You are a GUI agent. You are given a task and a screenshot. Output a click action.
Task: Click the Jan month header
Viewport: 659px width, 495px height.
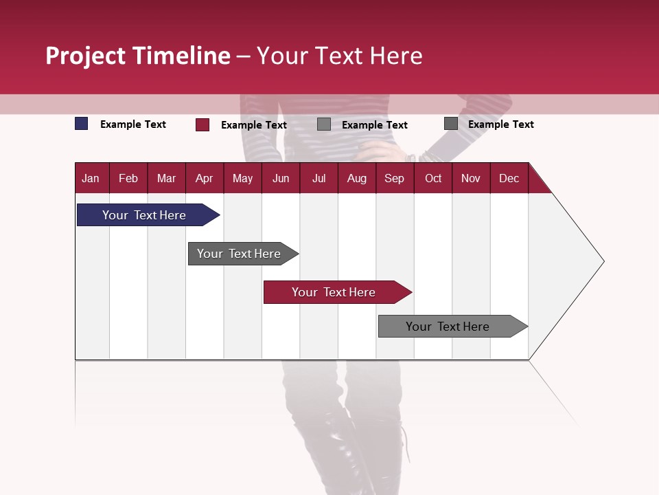pyautogui.click(x=91, y=178)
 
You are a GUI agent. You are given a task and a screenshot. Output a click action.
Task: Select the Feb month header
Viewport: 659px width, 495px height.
pyautogui.click(x=128, y=178)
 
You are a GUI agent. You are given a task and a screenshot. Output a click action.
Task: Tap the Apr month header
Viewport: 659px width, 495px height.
pyautogui.click(x=204, y=178)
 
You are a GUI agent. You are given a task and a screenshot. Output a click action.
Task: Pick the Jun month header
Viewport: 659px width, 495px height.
pyautogui.click(x=281, y=178)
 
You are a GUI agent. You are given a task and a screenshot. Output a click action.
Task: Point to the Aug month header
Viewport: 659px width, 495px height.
pyautogui.click(x=356, y=178)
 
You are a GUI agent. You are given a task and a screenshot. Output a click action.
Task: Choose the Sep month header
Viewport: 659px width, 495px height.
pyautogui.click(x=394, y=178)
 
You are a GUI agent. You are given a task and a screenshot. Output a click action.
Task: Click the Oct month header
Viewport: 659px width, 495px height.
pyautogui.click(x=433, y=178)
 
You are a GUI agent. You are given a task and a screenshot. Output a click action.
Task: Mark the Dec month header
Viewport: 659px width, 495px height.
pyautogui.click(x=509, y=178)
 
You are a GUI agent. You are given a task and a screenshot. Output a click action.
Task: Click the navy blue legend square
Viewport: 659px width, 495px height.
pyautogui.click(x=82, y=124)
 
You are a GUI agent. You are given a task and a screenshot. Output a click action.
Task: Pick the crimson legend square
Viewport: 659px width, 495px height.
pyautogui.click(x=203, y=124)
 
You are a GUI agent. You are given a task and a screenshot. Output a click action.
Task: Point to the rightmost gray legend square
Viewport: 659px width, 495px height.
pyautogui.click(x=451, y=124)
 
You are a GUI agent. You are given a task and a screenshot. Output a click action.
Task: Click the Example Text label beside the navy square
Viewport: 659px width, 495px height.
pyautogui.click(x=133, y=124)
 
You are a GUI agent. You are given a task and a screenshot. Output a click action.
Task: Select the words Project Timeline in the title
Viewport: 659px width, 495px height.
pyautogui.click(x=138, y=56)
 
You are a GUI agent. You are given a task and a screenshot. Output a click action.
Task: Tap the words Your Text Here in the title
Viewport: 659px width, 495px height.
pyautogui.click(x=340, y=56)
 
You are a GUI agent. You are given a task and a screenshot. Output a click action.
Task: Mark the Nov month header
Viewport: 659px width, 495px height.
pyautogui.click(x=471, y=178)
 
